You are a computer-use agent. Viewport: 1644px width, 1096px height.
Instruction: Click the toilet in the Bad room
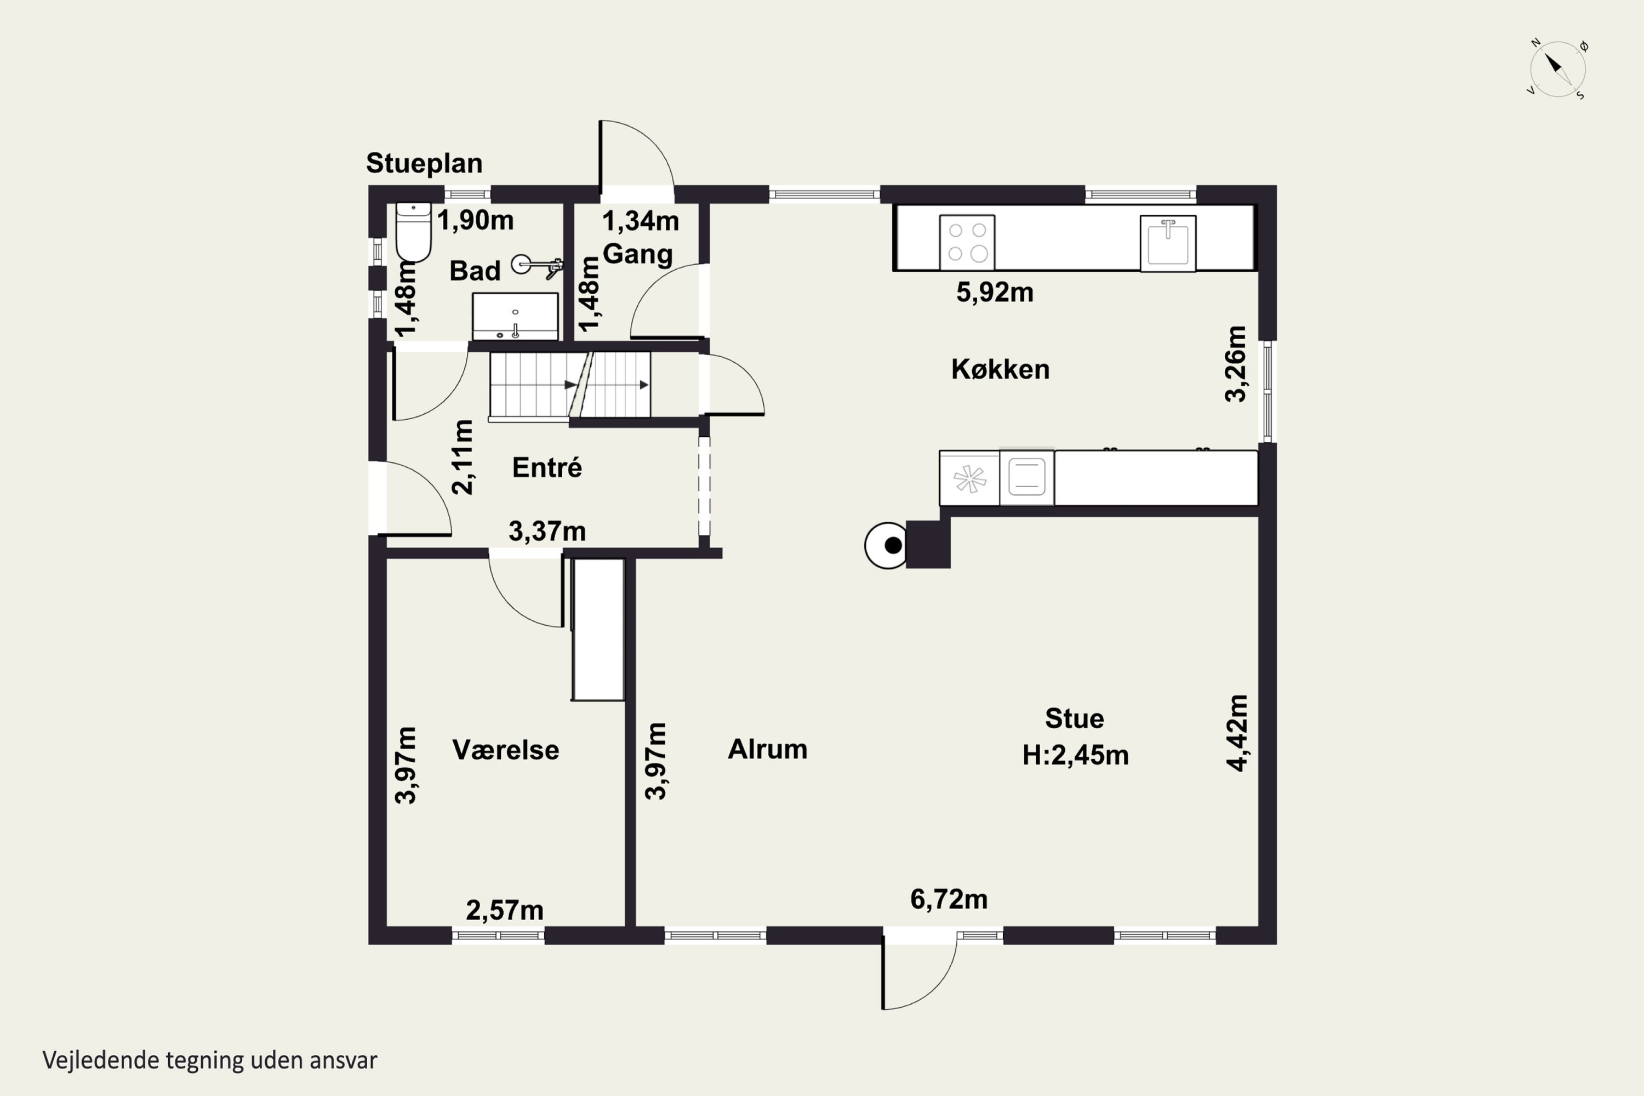413,231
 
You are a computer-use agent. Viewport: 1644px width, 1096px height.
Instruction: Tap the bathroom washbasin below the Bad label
515,317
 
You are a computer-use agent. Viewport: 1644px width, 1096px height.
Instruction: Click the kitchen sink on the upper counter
1167,243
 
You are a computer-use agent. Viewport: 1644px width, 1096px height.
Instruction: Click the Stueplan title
424,163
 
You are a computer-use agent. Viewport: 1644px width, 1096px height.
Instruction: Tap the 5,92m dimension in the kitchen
995,292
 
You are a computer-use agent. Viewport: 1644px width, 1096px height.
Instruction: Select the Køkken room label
1000,369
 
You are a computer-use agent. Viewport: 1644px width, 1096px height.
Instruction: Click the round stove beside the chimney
886,545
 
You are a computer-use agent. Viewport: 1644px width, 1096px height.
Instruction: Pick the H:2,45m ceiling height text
1075,756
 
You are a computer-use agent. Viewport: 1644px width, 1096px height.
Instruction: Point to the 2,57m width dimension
505,910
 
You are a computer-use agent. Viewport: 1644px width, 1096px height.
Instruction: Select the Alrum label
768,749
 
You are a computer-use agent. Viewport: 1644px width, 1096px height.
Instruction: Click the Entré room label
546,467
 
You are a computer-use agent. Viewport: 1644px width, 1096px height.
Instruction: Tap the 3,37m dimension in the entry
546,531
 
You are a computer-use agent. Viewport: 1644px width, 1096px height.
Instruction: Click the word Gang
637,254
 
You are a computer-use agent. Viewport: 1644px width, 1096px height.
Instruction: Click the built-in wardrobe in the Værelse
598,629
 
